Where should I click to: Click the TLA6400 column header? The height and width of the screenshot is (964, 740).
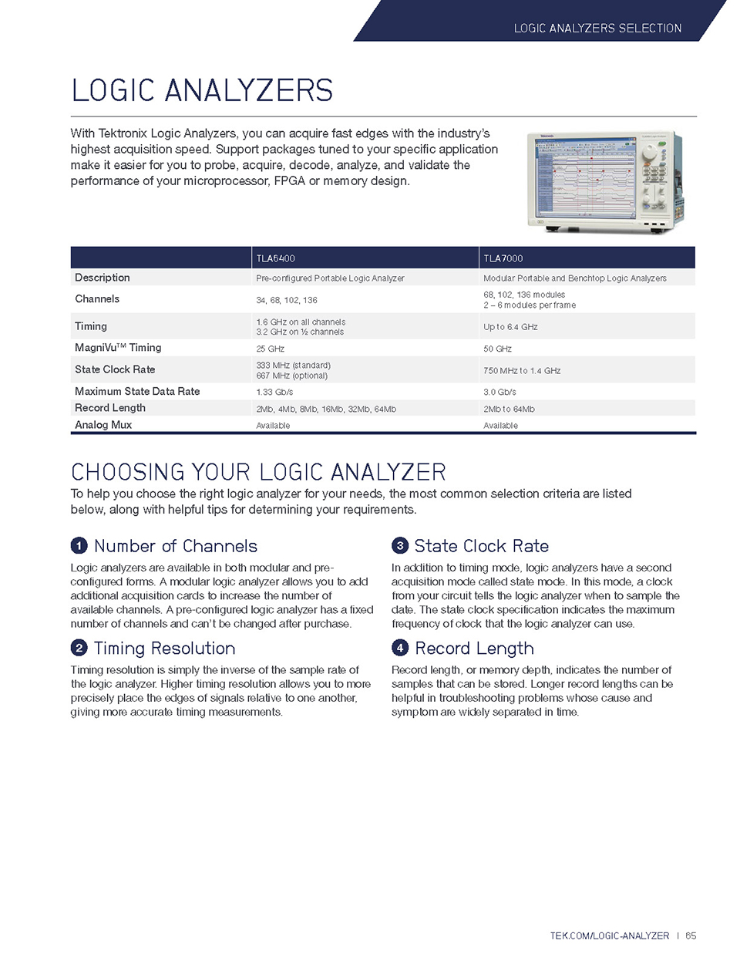pos(275,258)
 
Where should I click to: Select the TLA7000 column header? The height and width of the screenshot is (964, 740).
pos(503,258)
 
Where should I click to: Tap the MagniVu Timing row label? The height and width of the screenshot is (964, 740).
pos(118,348)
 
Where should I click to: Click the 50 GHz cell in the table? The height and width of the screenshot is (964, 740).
pos(497,349)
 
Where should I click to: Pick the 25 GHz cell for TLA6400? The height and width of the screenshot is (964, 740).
pos(270,349)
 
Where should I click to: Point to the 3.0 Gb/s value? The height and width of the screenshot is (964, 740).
pos(499,393)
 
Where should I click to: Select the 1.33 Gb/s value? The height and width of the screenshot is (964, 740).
pos(273,393)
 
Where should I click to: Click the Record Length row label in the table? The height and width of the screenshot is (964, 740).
pos(110,408)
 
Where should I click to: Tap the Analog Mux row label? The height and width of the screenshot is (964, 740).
pos(103,425)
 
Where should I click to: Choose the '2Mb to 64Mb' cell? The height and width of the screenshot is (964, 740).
pos(509,410)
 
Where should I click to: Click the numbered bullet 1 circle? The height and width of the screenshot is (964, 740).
pos(79,546)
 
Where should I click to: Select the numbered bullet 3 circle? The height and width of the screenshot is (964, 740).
pos(399,546)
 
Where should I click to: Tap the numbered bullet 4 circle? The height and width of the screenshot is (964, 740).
pos(399,648)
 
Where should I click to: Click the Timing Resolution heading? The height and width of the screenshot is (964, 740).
pos(164,649)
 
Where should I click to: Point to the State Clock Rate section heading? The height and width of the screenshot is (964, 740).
pos(481,546)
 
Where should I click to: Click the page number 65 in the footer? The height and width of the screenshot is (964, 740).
pos(691,935)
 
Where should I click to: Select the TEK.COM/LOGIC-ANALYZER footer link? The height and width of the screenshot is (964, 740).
pos(609,935)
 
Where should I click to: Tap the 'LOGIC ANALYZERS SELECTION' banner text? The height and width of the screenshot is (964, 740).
pos(597,29)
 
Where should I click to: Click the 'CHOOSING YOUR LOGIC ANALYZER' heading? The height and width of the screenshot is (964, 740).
pos(258,472)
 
